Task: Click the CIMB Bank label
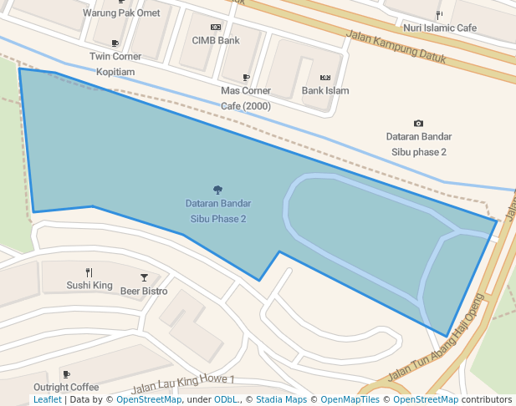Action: tap(216, 40)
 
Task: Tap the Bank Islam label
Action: tap(325, 90)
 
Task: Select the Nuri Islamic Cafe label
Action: tap(440, 28)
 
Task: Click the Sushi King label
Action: tap(89, 286)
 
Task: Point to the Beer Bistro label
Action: tap(144, 292)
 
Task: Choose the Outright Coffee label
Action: tap(66, 388)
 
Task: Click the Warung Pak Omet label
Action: tap(121, 13)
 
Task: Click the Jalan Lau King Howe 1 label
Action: tap(183, 384)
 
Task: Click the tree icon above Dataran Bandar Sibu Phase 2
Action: tap(217, 190)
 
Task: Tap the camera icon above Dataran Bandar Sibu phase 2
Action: tap(418, 124)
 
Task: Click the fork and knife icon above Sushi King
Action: tap(89, 272)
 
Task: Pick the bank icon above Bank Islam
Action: tap(325, 77)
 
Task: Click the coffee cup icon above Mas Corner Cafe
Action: tap(246, 77)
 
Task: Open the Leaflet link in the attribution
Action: tap(48, 400)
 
